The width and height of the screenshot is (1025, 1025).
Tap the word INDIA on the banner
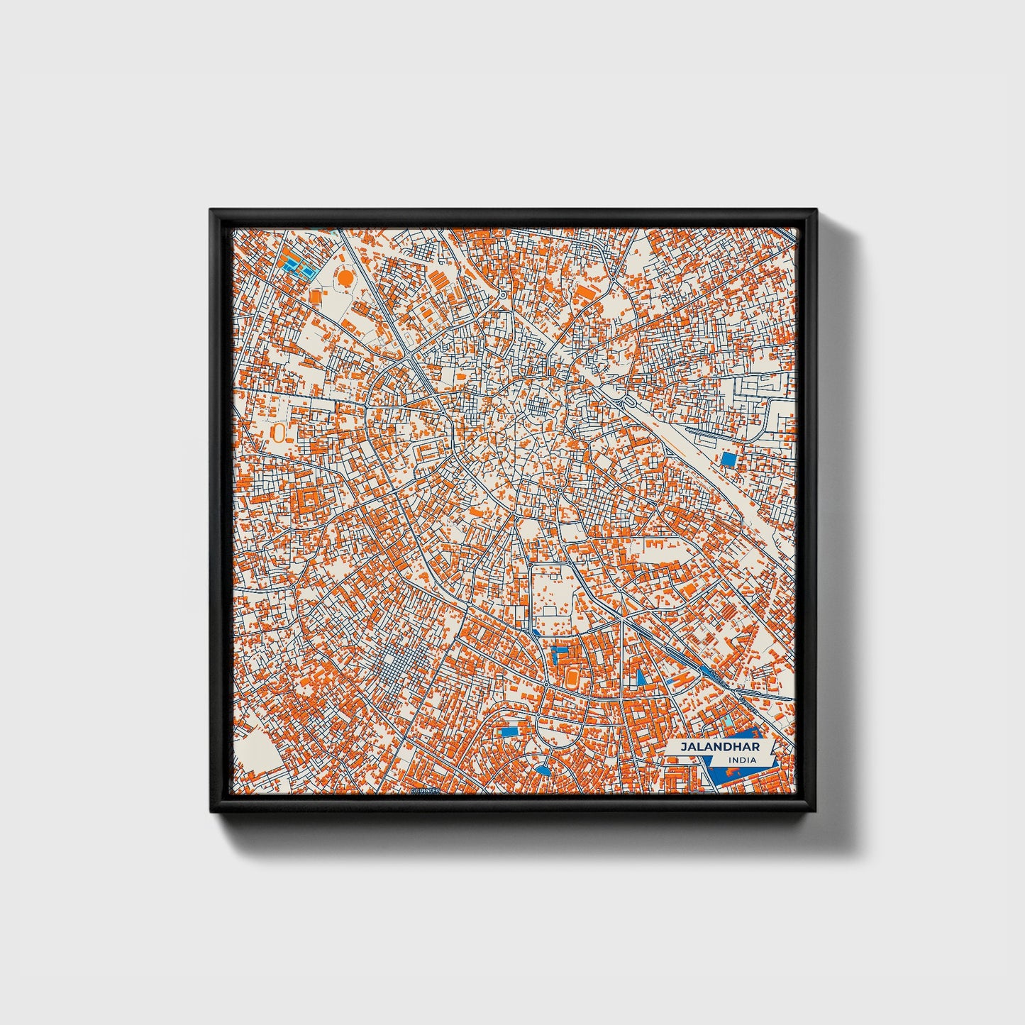click(741, 760)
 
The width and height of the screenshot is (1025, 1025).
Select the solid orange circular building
click(345, 278)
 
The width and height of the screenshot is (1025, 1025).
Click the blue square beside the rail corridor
click(728, 459)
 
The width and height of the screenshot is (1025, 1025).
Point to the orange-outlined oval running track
click(279, 432)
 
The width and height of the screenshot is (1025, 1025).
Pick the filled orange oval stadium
click(572, 675)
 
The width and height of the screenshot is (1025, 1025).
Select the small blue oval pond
click(543, 770)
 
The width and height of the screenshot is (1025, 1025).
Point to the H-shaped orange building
click(679, 679)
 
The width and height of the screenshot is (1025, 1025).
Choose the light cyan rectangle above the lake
click(728, 723)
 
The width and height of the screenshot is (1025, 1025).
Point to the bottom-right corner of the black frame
click(814, 811)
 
